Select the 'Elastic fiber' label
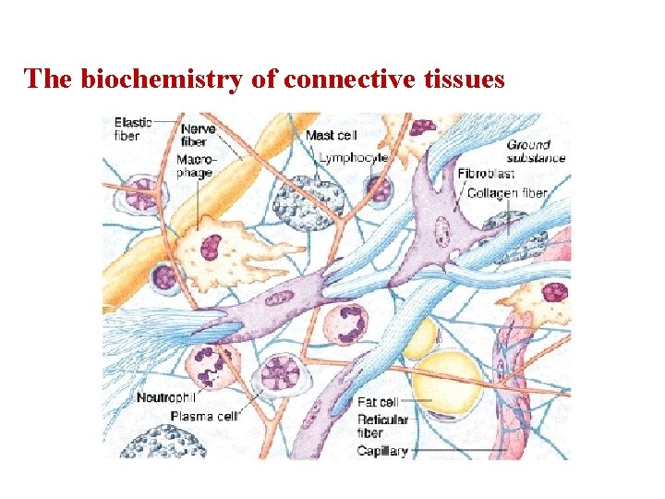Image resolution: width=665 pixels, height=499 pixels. (133, 128)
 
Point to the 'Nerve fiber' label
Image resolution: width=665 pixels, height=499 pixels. (198, 135)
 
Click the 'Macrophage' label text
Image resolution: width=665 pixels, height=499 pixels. (197, 166)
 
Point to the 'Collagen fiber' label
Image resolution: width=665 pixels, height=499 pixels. (507, 194)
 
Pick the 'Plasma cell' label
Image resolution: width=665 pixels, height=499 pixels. (203, 416)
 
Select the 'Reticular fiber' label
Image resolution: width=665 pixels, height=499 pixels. (381, 426)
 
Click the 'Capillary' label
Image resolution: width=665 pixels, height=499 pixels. (381, 451)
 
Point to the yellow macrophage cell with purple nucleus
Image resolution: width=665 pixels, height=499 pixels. (217, 245)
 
